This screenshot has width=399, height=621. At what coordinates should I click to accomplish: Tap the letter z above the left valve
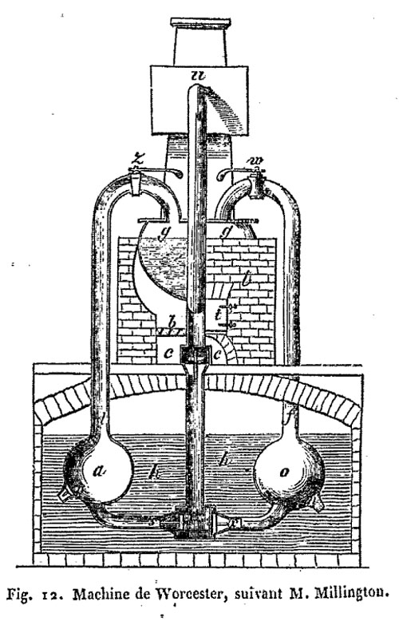[x=136, y=160]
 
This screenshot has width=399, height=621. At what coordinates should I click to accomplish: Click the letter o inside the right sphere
[x=284, y=472]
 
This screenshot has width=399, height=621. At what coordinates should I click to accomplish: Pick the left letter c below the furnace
[x=168, y=354]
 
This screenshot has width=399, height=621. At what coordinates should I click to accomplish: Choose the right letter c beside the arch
[x=217, y=354]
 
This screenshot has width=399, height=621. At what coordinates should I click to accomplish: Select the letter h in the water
[x=223, y=460]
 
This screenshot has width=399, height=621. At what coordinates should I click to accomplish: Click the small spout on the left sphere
[x=65, y=493]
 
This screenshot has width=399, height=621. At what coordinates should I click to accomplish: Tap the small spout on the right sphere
[x=318, y=503]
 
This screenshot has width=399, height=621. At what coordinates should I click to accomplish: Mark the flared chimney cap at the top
[x=200, y=22]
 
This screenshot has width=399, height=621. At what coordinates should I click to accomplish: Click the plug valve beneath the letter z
[x=136, y=183]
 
